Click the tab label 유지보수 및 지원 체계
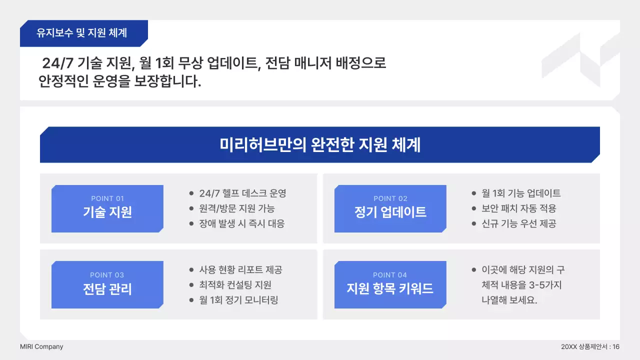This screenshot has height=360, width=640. pyautogui.click(x=82, y=33)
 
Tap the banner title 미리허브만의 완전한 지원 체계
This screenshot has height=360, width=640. pyautogui.click(x=320, y=144)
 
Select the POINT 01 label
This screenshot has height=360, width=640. pyautogui.click(x=107, y=198)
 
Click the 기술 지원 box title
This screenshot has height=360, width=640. pyautogui.click(x=107, y=212)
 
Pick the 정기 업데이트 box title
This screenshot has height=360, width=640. pyautogui.click(x=390, y=212)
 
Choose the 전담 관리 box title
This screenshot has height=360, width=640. pyautogui.click(x=107, y=288)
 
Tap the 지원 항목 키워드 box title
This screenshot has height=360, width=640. pyautogui.click(x=390, y=288)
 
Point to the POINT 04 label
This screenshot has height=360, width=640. pyautogui.click(x=390, y=275)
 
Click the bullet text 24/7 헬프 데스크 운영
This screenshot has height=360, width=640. pyautogui.click(x=242, y=193)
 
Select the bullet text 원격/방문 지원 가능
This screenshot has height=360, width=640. pyautogui.click(x=237, y=208)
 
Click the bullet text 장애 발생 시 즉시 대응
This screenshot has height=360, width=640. pyautogui.click(x=242, y=223)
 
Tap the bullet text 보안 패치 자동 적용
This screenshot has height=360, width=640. pyautogui.click(x=519, y=208)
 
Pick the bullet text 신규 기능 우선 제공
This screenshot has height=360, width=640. pyautogui.click(x=519, y=223)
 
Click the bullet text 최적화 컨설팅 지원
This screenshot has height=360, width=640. pyautogui.click(x=235, y=285)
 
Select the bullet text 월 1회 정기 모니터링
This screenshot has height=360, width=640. pyautogui.click(x=238, y=300)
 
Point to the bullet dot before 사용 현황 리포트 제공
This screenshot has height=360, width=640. pyautogui.click(x=191, y=270)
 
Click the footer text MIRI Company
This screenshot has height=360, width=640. pyautogui.click(x=41, y=346)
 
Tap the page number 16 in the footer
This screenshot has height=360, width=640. pyautogui.click(x=616, y=346)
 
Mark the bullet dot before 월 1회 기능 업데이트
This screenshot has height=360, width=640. pyautogui.click(x=474, y=193)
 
